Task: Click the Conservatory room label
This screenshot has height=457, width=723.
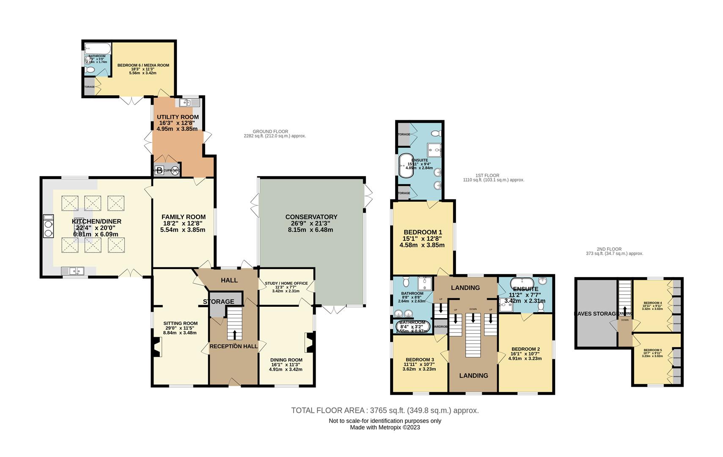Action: (x=311, y=217)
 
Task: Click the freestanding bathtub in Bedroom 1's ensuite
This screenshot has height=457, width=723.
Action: (x=407, y=164)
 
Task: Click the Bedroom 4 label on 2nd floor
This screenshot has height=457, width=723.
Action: (x=652, y=303)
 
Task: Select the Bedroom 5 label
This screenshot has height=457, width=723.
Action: (x=652, y=350)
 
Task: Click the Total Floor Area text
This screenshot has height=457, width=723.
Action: (x=385, y=410)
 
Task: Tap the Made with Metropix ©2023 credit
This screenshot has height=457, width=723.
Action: (x=385, y=427)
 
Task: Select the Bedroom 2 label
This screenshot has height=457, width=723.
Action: (x=525, y=343)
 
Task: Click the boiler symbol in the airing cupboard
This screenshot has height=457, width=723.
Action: (x=159, y=171)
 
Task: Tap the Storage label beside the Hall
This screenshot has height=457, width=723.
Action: (x=218, y=301)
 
